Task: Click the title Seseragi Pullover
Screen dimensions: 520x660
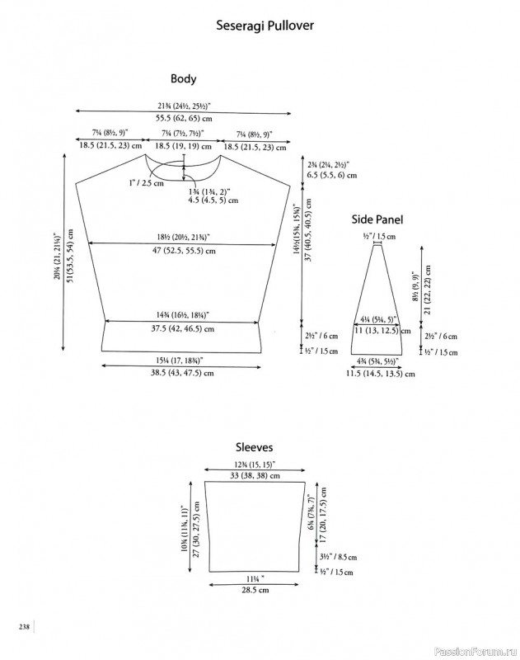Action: (x=265, y=26)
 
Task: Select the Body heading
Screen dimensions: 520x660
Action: (x=183, y=79)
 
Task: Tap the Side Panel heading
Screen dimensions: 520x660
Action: (x=377, y=219)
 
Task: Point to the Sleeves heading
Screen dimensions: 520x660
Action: (x=254, y=447)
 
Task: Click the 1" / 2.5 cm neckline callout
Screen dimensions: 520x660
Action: (x=147, y=183)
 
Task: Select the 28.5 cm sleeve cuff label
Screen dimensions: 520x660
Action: (x=255, y=590)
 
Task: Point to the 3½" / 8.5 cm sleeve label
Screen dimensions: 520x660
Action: (x=338, y=557)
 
